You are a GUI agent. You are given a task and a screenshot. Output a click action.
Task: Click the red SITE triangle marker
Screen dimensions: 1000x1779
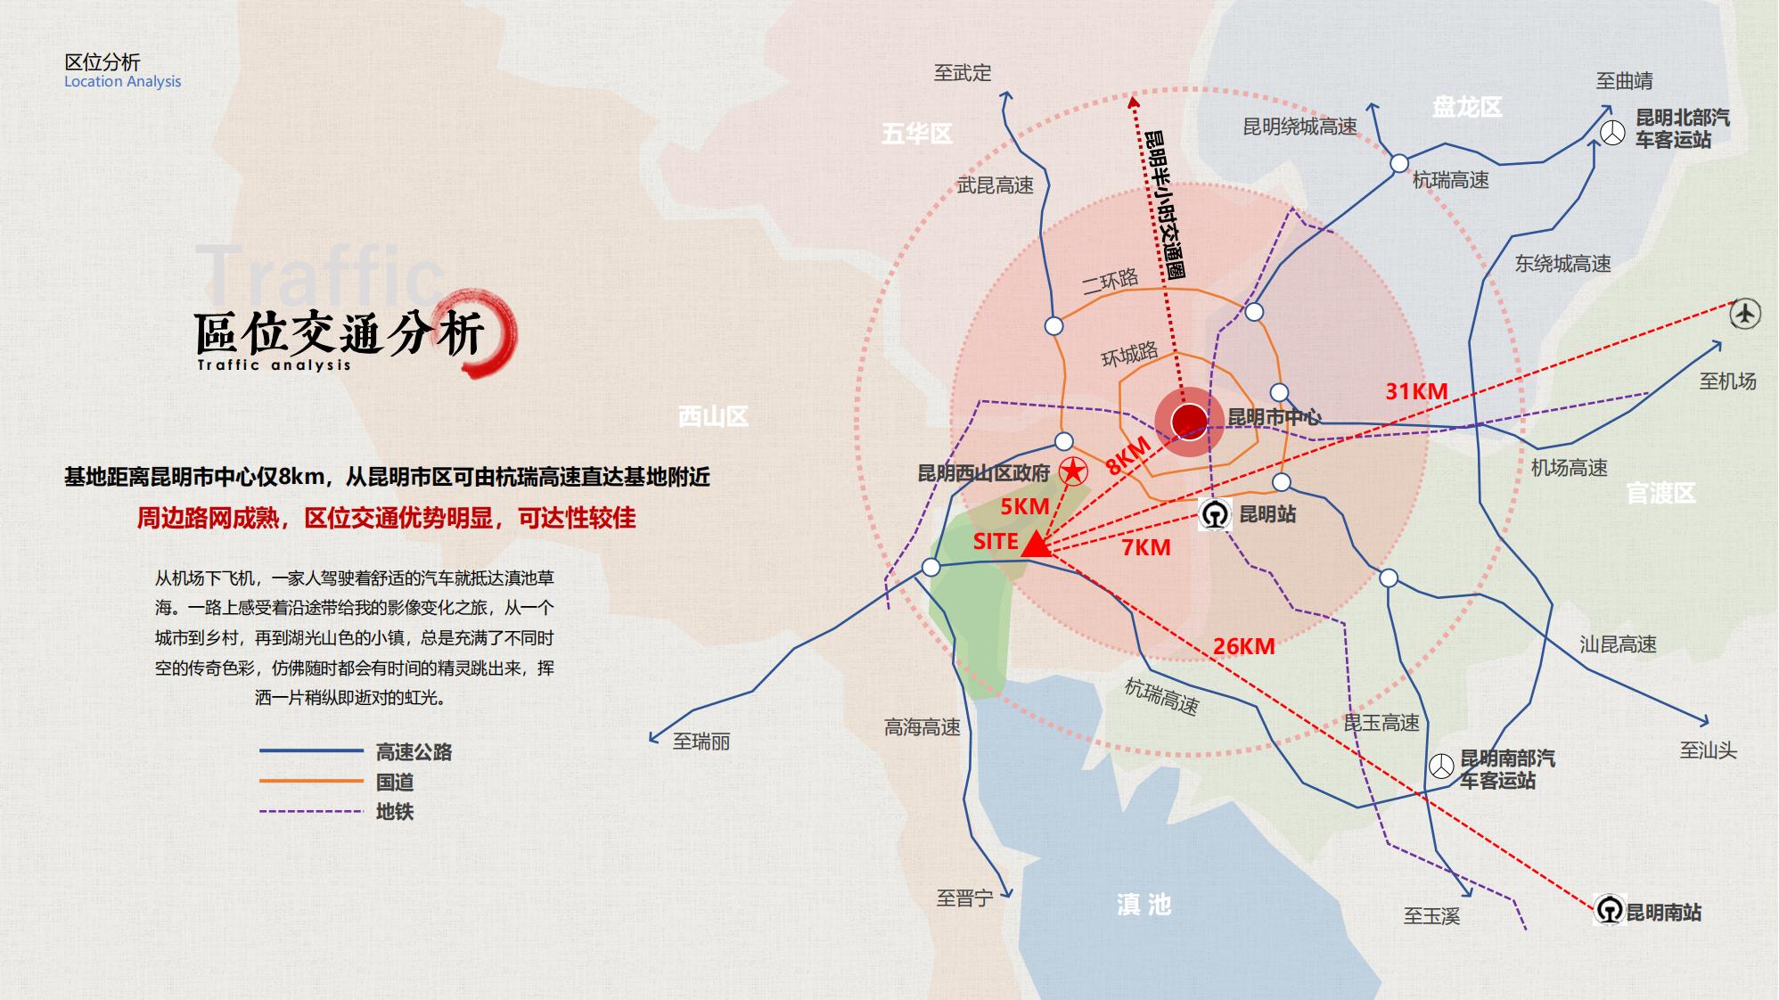point(1036,545)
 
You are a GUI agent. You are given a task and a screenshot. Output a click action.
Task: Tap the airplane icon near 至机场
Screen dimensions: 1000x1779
point(1744,314)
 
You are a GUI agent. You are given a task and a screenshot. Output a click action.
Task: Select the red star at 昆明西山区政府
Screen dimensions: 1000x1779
point(1073,471)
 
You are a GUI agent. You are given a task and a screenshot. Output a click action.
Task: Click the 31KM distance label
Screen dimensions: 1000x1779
point(1415,391)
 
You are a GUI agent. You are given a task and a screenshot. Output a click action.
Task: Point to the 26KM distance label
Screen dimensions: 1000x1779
point(1242,647)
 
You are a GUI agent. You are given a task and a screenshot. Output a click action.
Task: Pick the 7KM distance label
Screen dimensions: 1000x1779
point(1145,547)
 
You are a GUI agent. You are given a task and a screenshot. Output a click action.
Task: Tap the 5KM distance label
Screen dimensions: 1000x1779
point(1024,506)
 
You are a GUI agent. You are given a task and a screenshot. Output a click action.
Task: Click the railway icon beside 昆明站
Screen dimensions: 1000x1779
point(1214,514)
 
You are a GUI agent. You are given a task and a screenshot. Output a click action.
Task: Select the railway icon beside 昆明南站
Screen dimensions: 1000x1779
point(1609,911)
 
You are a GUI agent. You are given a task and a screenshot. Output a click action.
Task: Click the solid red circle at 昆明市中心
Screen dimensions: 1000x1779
point(1189,422)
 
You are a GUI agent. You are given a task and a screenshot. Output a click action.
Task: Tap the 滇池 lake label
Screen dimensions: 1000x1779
point(1144,905)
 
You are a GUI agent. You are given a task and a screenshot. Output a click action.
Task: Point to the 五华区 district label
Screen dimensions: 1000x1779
point(917,134)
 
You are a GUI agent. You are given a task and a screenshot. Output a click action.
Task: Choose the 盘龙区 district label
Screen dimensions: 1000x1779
point(1467,108)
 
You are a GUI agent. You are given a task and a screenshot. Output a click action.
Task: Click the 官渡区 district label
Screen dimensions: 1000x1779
point(1660,493)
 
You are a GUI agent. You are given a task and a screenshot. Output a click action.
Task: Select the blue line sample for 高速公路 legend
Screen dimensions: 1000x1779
point(311,751)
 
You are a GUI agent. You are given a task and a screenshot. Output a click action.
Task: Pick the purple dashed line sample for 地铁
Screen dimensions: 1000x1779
point(311,811)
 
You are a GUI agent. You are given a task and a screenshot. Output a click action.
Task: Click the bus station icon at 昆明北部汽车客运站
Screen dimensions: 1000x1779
point(1612,134)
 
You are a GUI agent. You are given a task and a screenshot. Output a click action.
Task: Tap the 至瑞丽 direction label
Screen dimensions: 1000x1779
point(701,742)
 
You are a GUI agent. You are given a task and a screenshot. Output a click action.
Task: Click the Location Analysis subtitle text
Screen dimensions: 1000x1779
point(122,81)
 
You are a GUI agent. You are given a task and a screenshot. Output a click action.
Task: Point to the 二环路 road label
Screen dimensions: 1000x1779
point(1110,282)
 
